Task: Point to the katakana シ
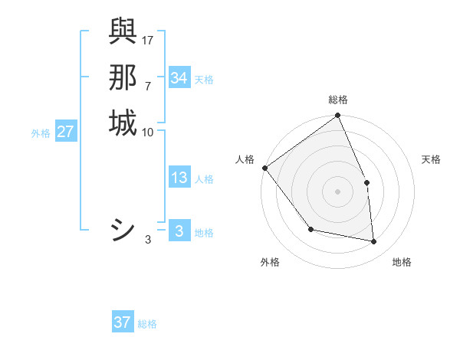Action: pos(123,230)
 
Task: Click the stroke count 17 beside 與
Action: pos(148,40)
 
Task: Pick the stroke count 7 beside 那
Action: pos(148,85)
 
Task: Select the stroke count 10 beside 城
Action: pos(148,132)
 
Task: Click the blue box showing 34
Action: pos(179,78)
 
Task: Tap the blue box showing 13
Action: pos(179,178)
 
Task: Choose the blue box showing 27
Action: pos(66,132)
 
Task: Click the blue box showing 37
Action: pos(122,322)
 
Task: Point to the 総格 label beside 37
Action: pos(147,324)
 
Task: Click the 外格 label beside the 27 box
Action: pos(41,133)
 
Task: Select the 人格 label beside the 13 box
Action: pos(205,179)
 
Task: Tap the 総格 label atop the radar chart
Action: pos(337,100)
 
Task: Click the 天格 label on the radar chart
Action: pos(431,159)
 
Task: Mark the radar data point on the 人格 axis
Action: pos(264,168)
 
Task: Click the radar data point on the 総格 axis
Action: pos(337,116)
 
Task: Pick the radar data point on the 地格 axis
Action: pos(374,241)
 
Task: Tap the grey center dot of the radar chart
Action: pos(337,191)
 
